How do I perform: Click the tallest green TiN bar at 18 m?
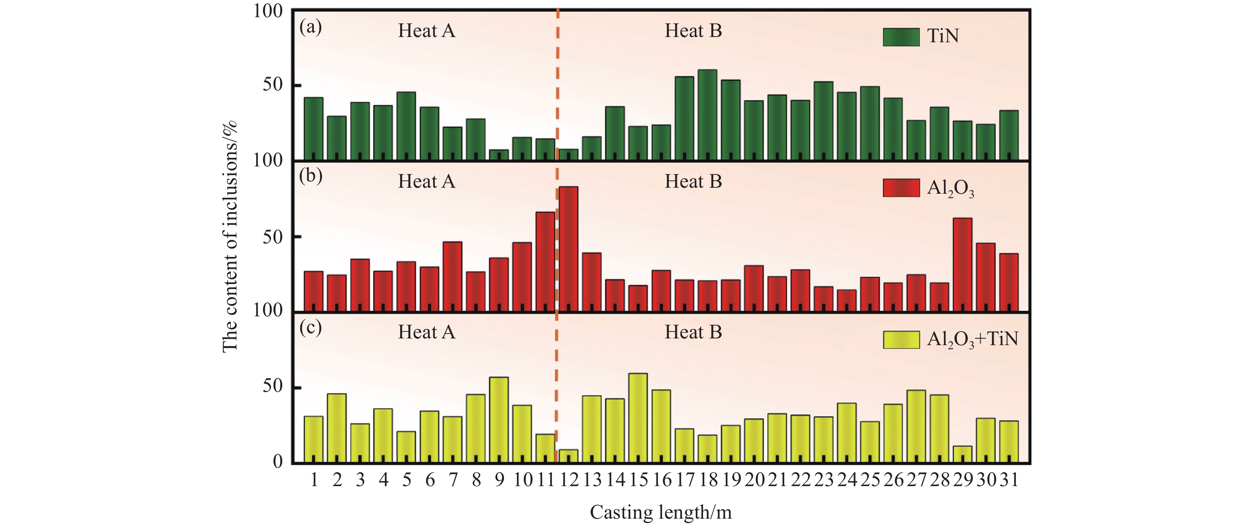point(708,115)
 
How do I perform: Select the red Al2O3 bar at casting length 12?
point(568,249)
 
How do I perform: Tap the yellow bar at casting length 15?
point(638,418)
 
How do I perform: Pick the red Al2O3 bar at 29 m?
point(963,265)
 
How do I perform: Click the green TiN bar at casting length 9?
point(499,155)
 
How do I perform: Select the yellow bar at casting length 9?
point(499,420)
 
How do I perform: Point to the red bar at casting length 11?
point(545,261)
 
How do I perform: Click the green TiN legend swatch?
point(901,37)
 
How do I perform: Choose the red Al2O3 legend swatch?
point(901,188)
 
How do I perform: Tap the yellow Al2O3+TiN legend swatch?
point(901,340)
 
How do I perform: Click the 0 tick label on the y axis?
point(278,461)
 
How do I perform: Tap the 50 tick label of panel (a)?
point(273,85)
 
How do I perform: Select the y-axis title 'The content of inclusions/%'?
point(230,236)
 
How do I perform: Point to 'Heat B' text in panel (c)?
point(693,332)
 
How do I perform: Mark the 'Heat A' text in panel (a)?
point(427,31)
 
